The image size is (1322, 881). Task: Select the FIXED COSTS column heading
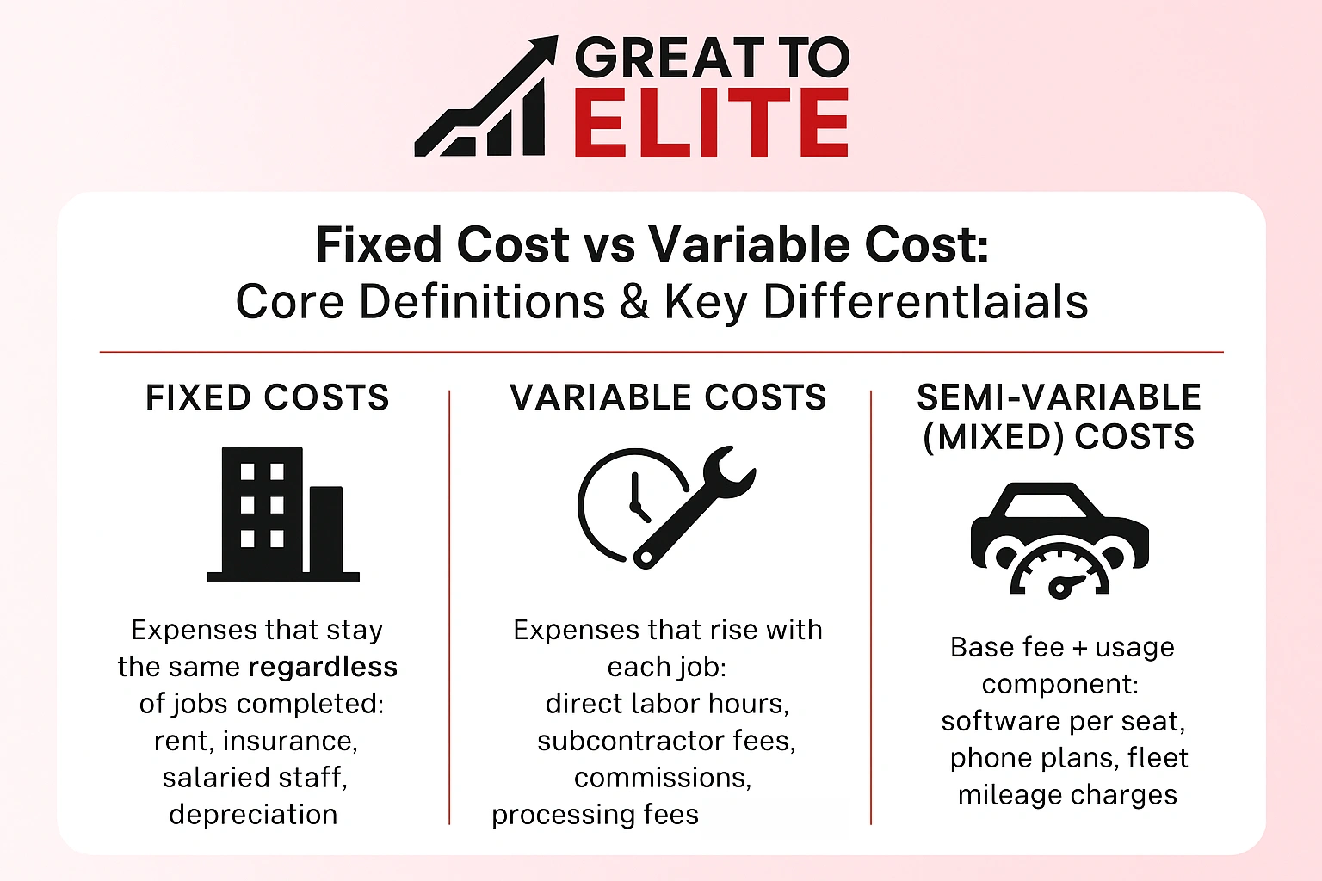(x=267, y=398)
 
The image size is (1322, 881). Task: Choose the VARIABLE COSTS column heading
(x=668, y=398)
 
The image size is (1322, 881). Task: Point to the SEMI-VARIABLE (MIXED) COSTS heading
(x=1059, y=417)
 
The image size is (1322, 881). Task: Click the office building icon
(x=282, y=514)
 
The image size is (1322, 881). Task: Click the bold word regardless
(x=323, y=667)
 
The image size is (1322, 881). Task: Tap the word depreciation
(x=253, y=815)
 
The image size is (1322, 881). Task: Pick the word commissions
(x=662, y=778)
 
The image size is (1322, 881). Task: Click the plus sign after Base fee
(x=1079, y=648)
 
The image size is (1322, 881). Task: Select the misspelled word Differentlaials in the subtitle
(x=925, y=303)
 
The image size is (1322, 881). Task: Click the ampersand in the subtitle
(x=633, y=303)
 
